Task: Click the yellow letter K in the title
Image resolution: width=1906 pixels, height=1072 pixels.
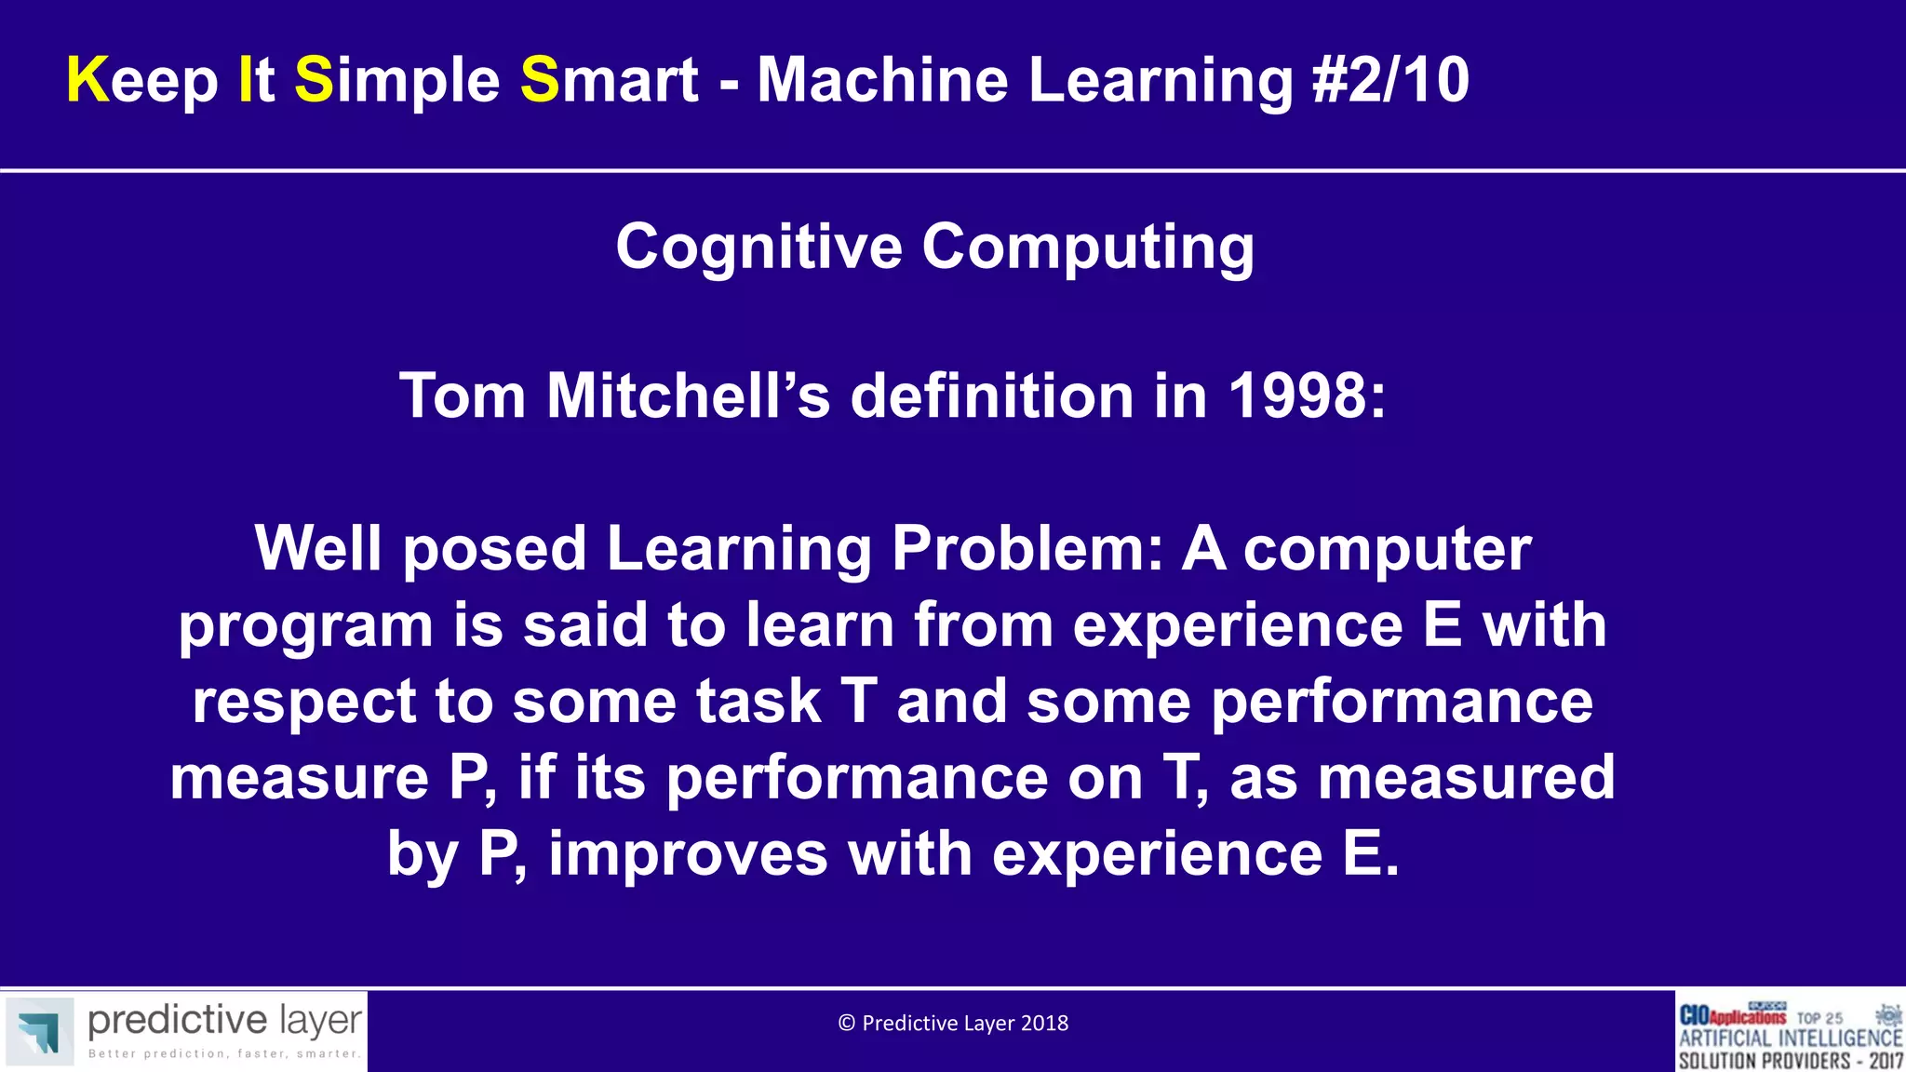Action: click(87, 80)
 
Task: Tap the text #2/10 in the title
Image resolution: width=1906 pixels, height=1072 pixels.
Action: click(1390, 80)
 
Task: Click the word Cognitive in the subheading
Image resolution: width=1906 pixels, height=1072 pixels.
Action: click(758, 248)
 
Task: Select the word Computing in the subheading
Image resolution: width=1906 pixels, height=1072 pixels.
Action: click(1088, 248)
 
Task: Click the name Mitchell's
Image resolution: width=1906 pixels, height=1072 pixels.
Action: click(688, 396)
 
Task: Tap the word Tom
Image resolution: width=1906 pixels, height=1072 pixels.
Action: click(463, 396)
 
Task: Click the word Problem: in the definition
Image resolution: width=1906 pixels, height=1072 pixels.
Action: click(1027, 549)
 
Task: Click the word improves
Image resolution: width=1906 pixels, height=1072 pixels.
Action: click(688, 854)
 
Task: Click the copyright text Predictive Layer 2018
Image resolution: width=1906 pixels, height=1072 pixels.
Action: click(953, 1024)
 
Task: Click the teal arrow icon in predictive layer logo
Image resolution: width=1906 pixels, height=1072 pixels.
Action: click(39, 1031)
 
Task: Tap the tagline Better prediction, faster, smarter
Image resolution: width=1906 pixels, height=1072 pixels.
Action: click(223, 1054)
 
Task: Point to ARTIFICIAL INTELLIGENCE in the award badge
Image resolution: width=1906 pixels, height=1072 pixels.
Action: click(1790, 1038)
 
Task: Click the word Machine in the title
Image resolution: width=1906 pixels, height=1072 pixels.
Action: click(882, 80)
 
